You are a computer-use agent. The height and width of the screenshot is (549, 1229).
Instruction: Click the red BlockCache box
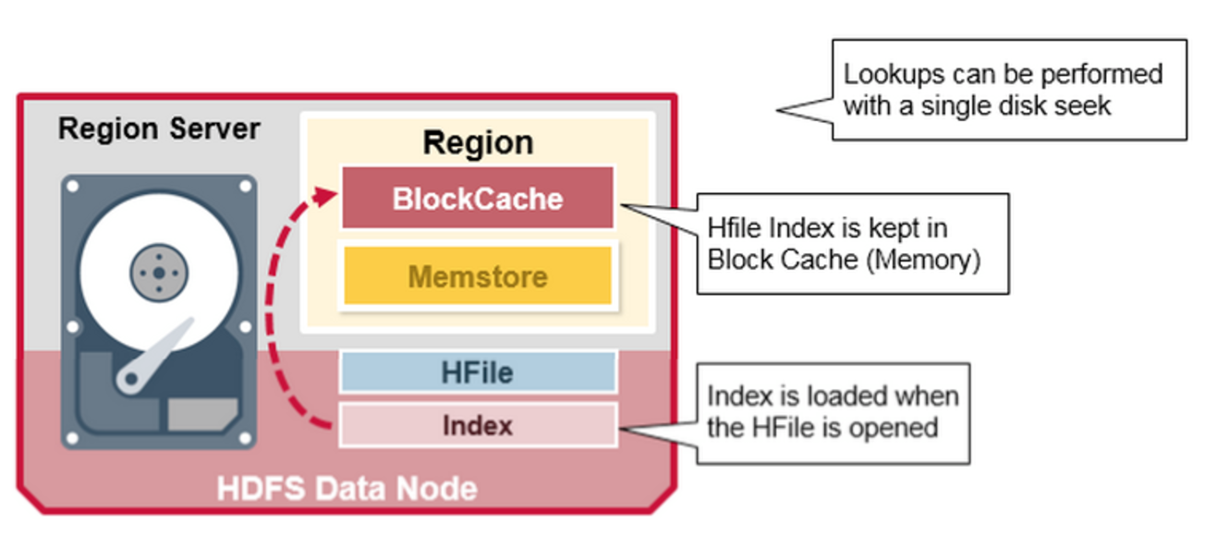(478, 198)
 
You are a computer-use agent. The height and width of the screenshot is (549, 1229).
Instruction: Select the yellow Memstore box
(478, 275)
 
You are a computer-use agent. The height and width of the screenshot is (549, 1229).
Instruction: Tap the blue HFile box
(478, 372)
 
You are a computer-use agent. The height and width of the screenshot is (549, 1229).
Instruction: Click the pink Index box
(478, 425)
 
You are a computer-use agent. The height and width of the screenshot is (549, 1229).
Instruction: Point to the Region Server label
(159, 129)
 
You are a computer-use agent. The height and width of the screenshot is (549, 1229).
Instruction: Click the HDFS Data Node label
(347, 489)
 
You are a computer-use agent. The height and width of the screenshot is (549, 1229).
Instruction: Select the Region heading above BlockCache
(478, 142)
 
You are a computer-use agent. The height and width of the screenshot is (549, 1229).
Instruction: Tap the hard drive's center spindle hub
(159, 273)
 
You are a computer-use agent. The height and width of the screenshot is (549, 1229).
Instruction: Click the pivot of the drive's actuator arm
(131, 379)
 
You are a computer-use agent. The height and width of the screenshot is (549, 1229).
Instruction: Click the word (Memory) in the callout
(923, 261)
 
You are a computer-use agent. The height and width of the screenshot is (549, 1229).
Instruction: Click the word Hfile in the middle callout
(734, 228)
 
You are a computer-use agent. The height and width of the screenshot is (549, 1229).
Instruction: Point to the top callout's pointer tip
(777, 110)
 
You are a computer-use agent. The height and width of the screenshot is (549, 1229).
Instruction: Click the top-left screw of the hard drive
(72, 187)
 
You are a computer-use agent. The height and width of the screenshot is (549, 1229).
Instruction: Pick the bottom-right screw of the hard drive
(245, 438)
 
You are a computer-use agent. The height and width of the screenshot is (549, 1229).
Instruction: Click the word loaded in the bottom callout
(833, 396)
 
